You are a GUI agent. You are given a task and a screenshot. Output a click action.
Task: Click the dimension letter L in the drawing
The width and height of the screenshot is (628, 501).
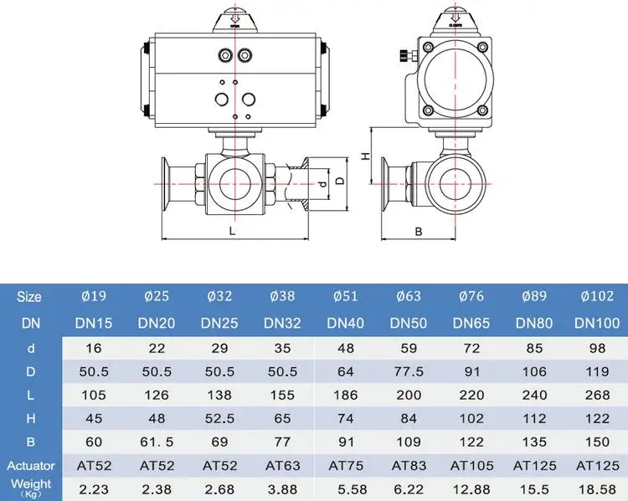[232, 229]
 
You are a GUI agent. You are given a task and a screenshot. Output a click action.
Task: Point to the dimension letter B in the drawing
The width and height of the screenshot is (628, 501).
[418, 232]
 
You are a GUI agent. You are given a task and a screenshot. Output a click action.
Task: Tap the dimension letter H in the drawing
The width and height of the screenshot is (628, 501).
[364, 156]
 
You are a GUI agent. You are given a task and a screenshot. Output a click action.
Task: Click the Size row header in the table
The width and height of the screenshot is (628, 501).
[29, 297]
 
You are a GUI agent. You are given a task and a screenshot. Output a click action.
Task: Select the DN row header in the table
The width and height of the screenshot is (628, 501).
[29, 323]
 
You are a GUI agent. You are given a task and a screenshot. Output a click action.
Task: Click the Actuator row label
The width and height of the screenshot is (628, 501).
[30, 465]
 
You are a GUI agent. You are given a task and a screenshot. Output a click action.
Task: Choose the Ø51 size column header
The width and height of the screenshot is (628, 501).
[346, 297]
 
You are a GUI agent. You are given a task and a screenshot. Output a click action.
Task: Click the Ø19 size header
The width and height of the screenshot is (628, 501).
[94, 297]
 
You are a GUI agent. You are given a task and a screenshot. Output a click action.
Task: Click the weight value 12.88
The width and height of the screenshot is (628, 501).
[471, 488]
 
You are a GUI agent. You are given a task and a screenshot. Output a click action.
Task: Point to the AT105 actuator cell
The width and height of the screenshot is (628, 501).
[471, 465]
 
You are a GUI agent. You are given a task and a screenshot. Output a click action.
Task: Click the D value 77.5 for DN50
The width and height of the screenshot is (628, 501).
[409, 371]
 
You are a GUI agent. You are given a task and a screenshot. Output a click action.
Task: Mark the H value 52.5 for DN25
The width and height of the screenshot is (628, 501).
[219, 418]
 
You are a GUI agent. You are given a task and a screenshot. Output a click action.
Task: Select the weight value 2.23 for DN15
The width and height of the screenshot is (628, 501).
[94, 488]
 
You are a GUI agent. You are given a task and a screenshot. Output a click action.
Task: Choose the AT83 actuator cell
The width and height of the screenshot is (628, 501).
[409, 465]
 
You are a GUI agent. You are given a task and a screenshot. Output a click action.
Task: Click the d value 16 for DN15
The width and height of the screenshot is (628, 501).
[94, 347]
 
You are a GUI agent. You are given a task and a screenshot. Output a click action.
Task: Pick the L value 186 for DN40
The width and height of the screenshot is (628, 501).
[346, 394]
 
